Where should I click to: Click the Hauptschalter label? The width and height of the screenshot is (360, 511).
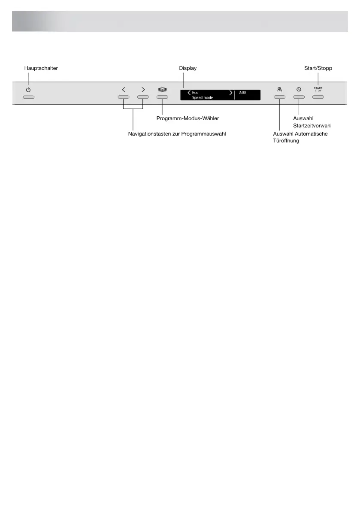(x=41, y=68)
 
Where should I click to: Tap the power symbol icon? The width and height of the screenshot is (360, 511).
(x=28, y=90)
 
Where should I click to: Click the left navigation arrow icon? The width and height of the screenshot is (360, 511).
(x=124, y=90)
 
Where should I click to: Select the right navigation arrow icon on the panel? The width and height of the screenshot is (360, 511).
(x=143, y=90)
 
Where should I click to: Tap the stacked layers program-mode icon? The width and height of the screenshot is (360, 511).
(x=162, y=90)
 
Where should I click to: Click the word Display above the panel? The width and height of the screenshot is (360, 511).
(x=188, y=68)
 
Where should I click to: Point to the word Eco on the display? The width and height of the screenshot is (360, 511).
(x=195, y=93)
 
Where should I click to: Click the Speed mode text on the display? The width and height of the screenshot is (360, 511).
(x=203, y=98)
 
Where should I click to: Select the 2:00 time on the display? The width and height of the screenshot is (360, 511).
(x=242, y=93)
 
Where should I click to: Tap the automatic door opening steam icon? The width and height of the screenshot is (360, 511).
(x=279, y=90)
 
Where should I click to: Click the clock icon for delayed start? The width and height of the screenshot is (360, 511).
(x=299, y=90)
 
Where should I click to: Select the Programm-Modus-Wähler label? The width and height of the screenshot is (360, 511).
(x=188, y=118)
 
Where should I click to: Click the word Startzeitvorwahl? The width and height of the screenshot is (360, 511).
(x=312, y=126)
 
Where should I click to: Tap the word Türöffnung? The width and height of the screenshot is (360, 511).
(x=286, y=141)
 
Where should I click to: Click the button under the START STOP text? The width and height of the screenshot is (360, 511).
(x=318, y=97)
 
